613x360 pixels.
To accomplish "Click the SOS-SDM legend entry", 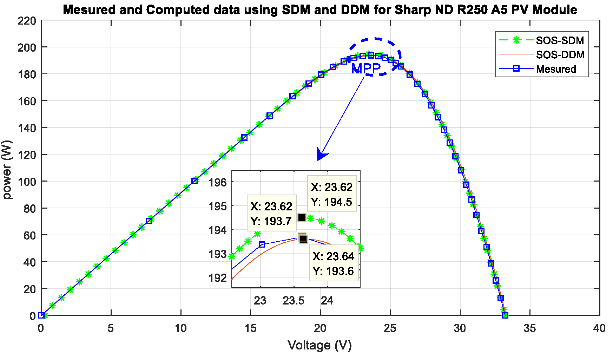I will tap(559, 40).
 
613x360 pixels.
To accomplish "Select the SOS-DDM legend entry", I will tap(560, 55).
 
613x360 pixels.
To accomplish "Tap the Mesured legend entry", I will tap(556, 69).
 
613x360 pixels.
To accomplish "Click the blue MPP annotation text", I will tap(366, 68).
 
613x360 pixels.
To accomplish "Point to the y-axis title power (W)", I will tap(7, 170).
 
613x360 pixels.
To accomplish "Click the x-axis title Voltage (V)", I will tap(319, 345).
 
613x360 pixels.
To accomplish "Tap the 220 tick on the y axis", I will tap(27, 21).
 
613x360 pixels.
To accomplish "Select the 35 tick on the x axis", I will tap(529, 328).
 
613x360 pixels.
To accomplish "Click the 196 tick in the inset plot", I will tap(218, 182).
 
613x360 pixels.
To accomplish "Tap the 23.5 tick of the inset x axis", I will tap(294, 301).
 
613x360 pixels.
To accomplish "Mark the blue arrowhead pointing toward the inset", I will tap(321, 154).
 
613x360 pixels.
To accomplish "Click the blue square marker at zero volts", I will tap(41, 315).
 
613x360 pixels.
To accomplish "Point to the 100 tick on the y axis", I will tap(27, 182).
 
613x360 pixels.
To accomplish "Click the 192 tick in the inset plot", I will tap(218, 278).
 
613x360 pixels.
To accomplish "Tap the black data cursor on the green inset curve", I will tap(302, 218).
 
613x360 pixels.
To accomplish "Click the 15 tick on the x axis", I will tap(251, 328).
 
